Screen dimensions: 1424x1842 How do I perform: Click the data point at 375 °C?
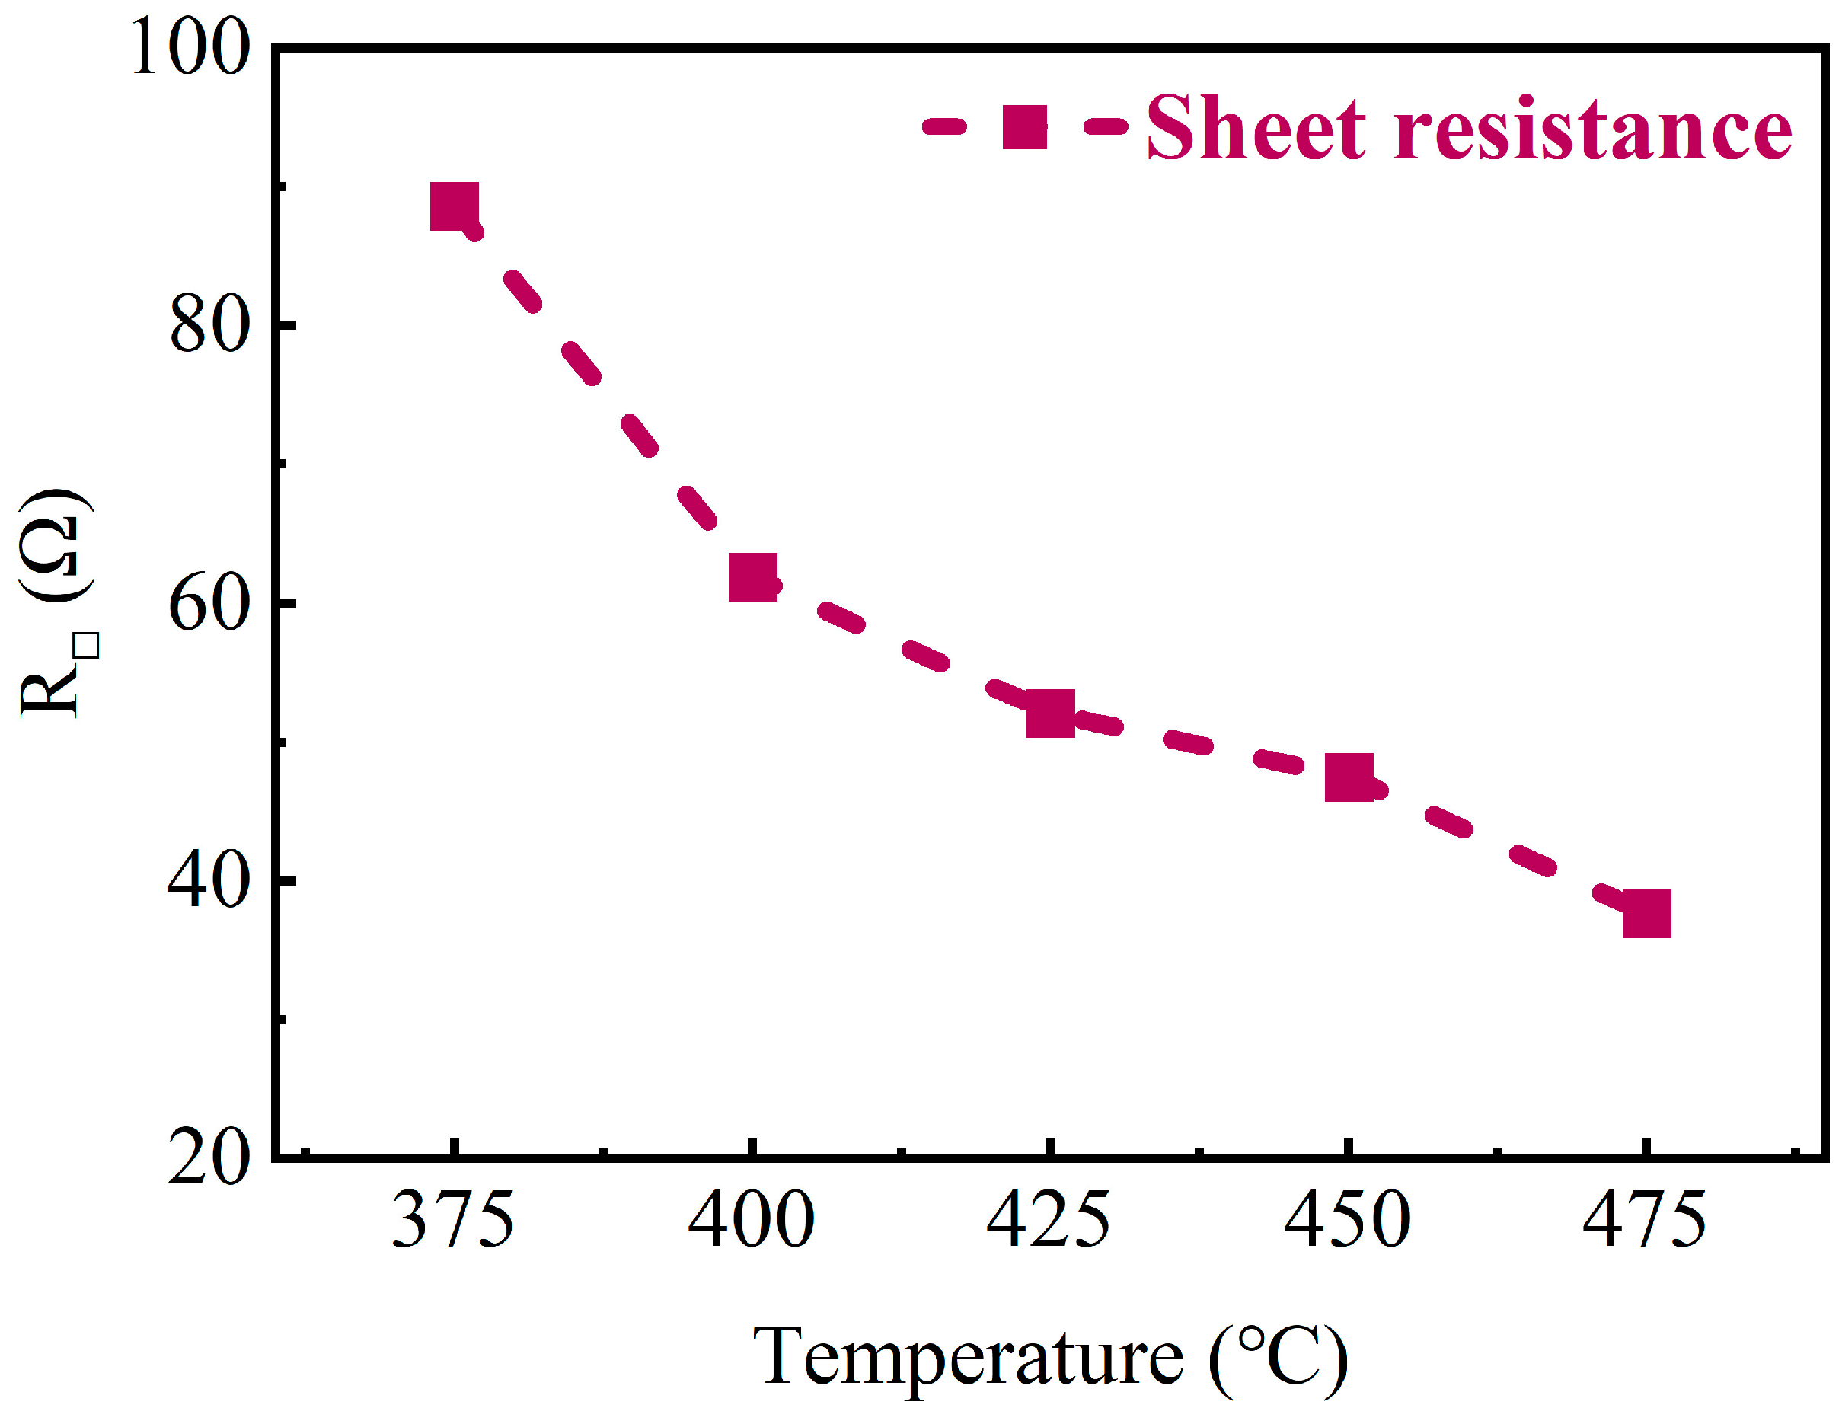(454, 205)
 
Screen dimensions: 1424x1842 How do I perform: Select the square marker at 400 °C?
(752, 577)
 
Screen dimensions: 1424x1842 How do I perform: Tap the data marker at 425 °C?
(1050, 713)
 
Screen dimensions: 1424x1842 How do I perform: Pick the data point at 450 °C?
(1349, 777)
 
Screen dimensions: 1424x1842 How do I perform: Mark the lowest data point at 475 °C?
(1646, 914)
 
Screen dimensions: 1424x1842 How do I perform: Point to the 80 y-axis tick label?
(210, 326)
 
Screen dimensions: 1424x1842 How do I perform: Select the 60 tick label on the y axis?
(210, 604)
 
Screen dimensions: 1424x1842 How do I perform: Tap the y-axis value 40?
(210, 882)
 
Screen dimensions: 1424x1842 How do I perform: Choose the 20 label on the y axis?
(210, 1159)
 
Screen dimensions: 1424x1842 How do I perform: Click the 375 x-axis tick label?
(453, 1221)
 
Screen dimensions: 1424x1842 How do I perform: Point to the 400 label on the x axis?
(751, 1221)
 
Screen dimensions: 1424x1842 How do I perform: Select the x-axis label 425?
(1049, 1221)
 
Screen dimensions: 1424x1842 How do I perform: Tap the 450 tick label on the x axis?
(1347, 1221)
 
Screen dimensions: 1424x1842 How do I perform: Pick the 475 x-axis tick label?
(1645, 1221)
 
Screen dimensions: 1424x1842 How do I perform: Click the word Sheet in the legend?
(1256, 129)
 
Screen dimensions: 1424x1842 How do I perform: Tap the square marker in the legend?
(1025, 127)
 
